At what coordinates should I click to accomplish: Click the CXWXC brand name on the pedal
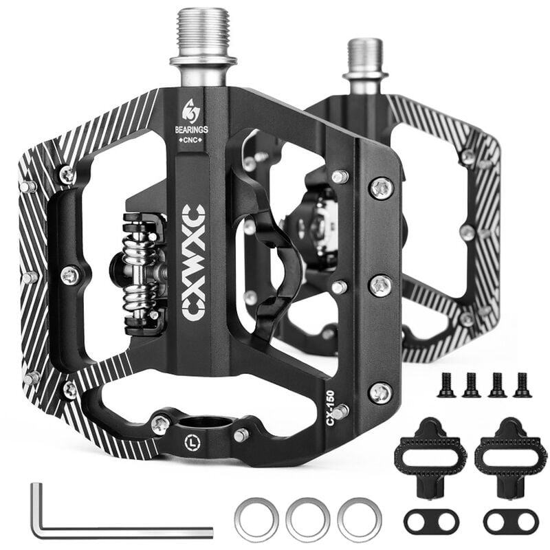pyautogui.click(x=194, y=263)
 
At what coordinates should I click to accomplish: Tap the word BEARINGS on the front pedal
pyautogui.click(x=192, y=129)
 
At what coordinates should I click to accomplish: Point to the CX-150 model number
pyautogui.click(x=331, y=408)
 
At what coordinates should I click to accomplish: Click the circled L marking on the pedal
pyautogui.click(x=192, y=443)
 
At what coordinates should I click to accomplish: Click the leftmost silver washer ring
pyautogui.click(x=257, y=520)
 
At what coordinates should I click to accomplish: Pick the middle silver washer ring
pyautogui.click(x=308, y=520)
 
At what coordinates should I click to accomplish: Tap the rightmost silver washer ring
pyautogui.click(x=359, y=520)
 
